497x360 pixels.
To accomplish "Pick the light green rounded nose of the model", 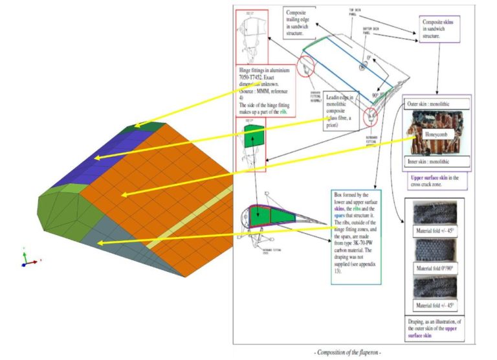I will (58, 207).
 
